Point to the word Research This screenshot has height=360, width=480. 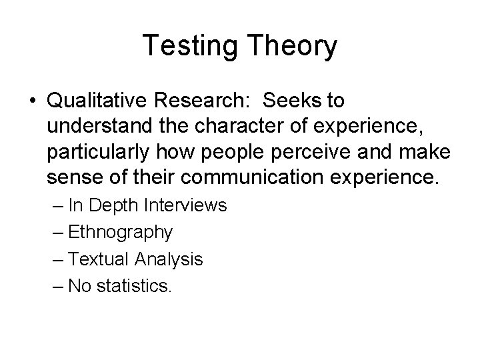pos(198,101)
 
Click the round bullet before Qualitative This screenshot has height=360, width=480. pos(33,101)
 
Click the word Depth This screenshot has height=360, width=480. pos(110,206)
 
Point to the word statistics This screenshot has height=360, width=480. pos(134,285)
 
